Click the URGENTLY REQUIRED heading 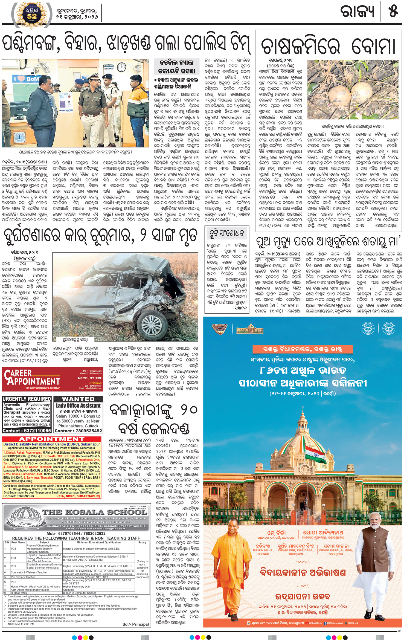(27, 399)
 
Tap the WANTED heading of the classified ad (78, 399)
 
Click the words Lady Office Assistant (78, 406)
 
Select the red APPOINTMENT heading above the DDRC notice (51, 439)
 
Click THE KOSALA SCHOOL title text (94, 512)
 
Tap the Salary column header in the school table (142, 542)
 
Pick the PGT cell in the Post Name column (14, 548)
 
